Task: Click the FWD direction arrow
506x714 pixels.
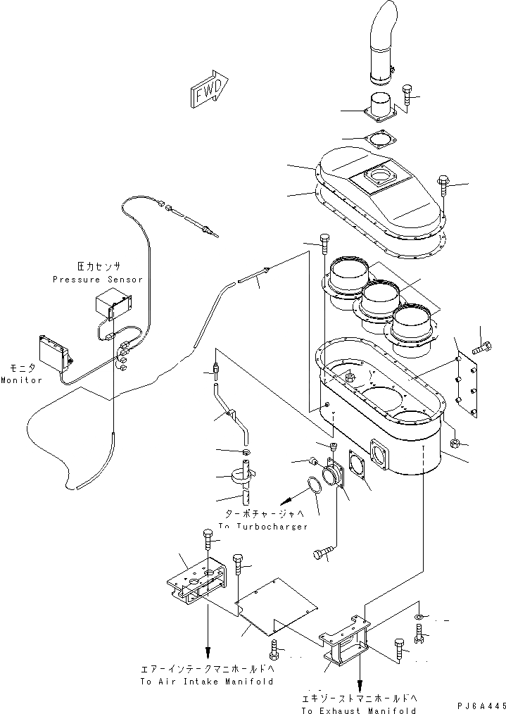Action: pos(208,89)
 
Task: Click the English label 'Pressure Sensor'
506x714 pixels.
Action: pos(97,279)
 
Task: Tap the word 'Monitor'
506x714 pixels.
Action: pos(21,380)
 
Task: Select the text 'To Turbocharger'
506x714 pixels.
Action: pos(263,526)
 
